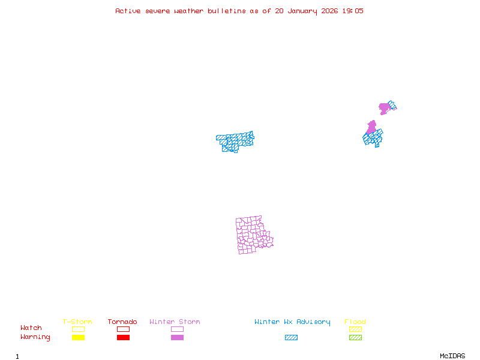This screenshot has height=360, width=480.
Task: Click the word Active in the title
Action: pos(128,11)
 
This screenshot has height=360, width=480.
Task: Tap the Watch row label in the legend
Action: pos(31,328)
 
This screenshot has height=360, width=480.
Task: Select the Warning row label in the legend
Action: pos(35,337)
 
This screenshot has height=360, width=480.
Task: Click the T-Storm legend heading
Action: pos(77,322)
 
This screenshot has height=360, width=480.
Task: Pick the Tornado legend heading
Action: pos(122,322)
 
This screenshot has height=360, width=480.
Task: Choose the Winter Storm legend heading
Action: pos(175,322)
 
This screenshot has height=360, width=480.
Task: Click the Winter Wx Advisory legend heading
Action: pos(292,322)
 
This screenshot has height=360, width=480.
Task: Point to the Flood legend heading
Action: pos(355,322)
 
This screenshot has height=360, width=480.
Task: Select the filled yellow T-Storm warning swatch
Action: pos(78,338)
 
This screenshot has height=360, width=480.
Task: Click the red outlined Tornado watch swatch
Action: pos(123,329)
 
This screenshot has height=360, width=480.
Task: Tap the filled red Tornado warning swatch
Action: pos(123,338)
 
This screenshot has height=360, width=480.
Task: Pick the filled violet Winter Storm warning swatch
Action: pos(177,338)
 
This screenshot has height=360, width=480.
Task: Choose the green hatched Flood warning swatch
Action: pos(355,338)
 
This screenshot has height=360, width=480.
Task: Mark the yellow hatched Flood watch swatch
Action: pos(355,329)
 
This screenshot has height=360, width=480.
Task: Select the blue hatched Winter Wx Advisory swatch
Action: pos(291,338)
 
